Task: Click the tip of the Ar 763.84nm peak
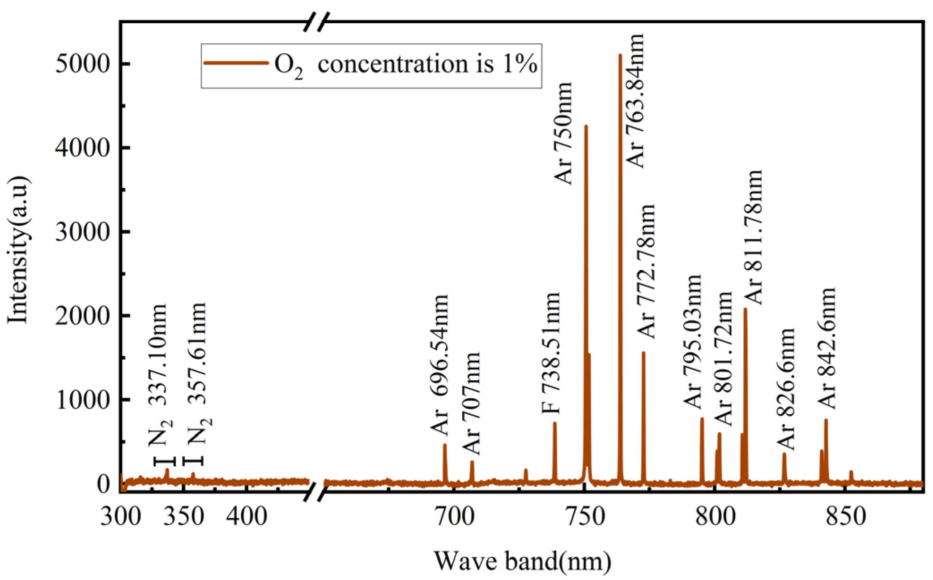point(620,56)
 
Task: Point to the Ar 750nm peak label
point(563,133)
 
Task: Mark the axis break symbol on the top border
point(316,21)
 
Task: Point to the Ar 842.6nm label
point(827,348)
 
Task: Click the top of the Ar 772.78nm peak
point(643,353)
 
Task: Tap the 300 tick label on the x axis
point(120,516)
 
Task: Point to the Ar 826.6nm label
point(786,389)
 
